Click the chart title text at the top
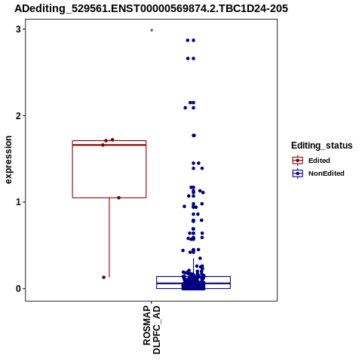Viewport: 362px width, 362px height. (x=151, y=8)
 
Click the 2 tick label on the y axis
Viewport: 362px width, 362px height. (x=18, y=116)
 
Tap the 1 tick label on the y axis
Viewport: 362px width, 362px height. (x=18, y=202)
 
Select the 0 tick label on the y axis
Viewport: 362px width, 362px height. (x=18, y=289)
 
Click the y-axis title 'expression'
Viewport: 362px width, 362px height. (x=8, y=160)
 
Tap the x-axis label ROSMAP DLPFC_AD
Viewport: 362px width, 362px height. (x=152, y=330)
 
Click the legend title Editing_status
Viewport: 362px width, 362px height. (x=322, y=146)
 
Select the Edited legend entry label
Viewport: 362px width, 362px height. (x=319, y=161)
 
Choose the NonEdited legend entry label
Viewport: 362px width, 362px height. (x=327, y=173)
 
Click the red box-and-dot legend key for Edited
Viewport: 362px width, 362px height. (x=298, y=161)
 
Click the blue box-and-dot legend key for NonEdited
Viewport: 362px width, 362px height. (x=298, y=173)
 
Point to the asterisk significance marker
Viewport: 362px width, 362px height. (x=152, y=30)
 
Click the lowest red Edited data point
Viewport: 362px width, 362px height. (x=103, y=278)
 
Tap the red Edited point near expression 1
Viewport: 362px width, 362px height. (x=118, y=198)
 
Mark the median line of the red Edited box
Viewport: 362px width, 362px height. (x=109, y=145)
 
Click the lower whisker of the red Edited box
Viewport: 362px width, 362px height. (x=109, y=238)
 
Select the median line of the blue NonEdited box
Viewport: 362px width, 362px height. (x=193, y=284)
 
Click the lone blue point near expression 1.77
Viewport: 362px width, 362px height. (x=194, y=136)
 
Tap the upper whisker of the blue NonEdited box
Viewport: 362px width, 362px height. (x=193, y=267)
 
